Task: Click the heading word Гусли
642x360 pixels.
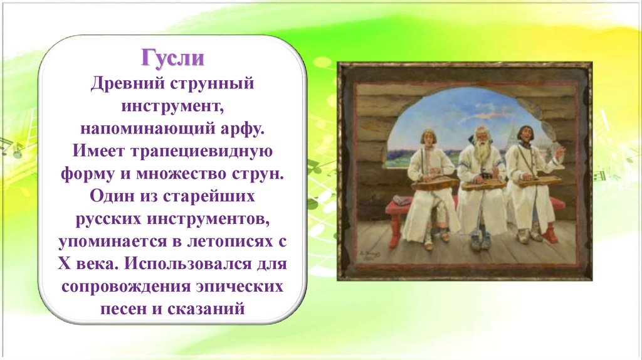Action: click(173, 58)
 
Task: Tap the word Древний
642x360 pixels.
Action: click(127, 83)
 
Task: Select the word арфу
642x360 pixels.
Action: click(243, 129)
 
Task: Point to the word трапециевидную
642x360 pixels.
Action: click(201, 152)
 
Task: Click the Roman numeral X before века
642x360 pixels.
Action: click(65, 263)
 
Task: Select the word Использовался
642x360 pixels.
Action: click(187, 263)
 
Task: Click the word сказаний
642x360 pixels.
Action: click(209, 308)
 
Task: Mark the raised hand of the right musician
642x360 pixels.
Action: click(559, 154)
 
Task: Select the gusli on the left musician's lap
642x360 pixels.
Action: click(435, 183)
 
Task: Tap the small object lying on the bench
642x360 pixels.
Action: click(403, 200)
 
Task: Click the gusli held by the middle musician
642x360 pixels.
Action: click(485, 184)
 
